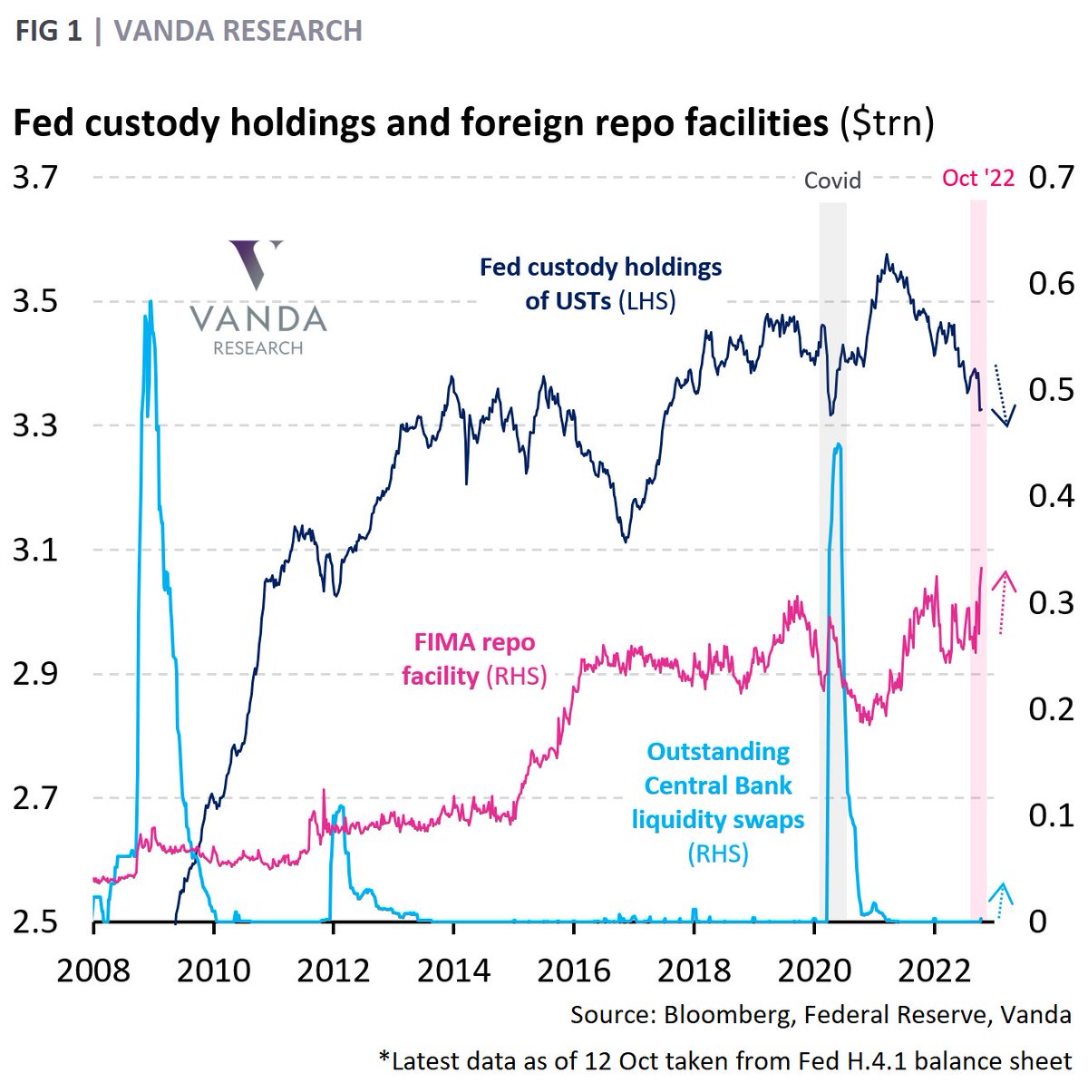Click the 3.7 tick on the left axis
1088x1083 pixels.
coord(34,177)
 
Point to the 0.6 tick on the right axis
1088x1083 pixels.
coord(1051,284)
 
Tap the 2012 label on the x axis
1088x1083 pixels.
coord(333,970)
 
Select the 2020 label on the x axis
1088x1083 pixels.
coord(813,970)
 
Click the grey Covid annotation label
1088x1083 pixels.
coord(831,180)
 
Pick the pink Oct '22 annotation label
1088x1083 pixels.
coord(978,178)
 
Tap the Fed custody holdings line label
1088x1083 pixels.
coord(600,284)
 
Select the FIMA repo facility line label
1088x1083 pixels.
coord(474,659)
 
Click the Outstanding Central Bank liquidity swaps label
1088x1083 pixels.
coord(718,802)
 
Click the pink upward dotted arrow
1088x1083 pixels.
coord(1003,601)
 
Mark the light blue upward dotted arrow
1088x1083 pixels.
coord(1001,899)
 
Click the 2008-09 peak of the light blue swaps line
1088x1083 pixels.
coord(150,304)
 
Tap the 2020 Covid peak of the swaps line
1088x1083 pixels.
coord(838,445)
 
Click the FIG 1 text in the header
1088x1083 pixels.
coord(48,32)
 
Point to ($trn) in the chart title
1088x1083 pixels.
coord(886,122)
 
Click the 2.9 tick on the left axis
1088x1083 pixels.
coord(34,674)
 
